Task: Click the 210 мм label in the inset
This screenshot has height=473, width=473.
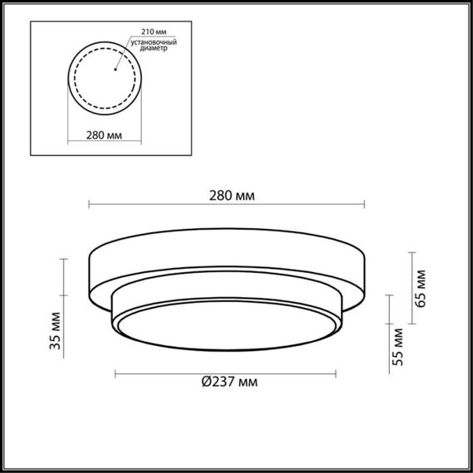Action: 151,31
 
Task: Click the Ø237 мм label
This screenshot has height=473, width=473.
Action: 228,382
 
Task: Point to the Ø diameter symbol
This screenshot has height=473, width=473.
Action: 207,382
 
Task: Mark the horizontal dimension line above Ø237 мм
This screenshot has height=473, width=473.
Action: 224,373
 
